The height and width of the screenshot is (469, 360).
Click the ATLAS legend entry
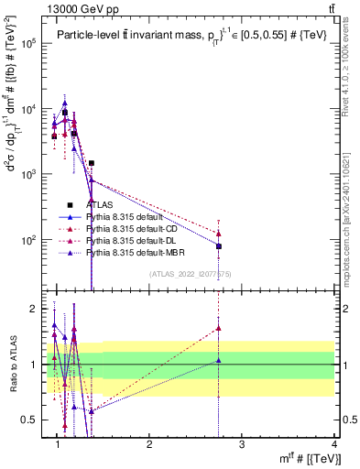[100, 204]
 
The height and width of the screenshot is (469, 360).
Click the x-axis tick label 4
[335, 444]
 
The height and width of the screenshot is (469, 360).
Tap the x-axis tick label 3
[243, 444]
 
